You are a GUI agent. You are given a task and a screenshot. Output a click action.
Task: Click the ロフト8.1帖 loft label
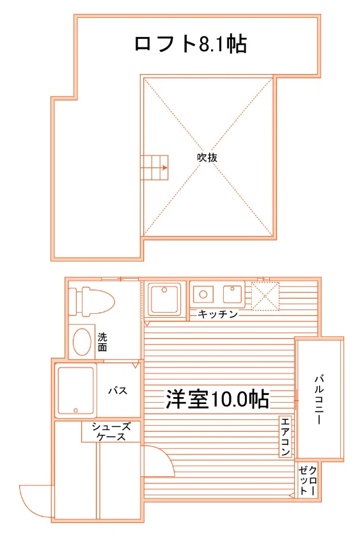(191, 43)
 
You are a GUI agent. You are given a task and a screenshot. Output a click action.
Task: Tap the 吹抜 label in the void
(207, 157)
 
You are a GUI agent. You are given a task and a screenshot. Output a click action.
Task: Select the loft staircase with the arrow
(155, 167)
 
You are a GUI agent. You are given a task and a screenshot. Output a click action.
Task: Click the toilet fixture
(91, 301)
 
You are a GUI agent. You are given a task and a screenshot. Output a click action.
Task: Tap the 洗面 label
(102, 342)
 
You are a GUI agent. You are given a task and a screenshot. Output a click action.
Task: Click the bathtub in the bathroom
(75, 391)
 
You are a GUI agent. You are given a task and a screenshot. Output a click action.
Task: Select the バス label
(118, 391)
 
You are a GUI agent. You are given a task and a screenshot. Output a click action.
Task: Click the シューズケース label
(111, 432)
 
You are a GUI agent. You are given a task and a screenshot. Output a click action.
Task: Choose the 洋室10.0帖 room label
(217, 399)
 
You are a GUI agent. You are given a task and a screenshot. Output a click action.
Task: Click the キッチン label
(218, 314)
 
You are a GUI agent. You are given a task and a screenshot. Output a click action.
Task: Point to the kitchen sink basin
(233, 294)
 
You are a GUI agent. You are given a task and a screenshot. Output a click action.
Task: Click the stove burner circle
(203, 294)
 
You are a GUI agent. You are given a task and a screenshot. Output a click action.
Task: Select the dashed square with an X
(265, 296)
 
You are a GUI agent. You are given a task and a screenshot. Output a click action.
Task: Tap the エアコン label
(285, 437)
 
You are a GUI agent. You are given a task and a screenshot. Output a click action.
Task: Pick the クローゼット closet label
(308, 480)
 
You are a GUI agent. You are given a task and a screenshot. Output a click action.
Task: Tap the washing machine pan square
(164, 299)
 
